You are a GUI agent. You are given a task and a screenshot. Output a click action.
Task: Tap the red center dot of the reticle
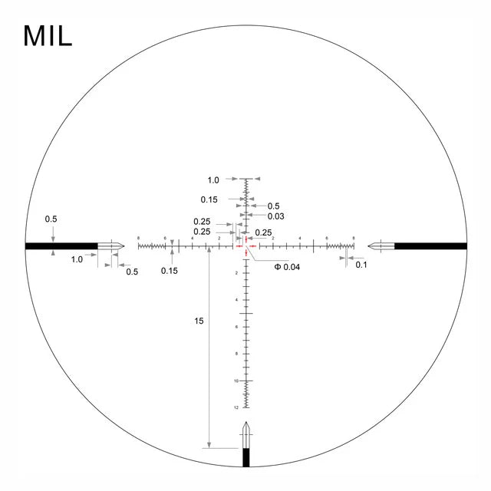245,245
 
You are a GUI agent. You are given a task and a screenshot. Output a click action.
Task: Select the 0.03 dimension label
276,216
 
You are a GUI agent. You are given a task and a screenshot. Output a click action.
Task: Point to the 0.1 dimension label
361,265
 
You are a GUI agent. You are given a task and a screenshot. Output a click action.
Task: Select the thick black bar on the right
430,245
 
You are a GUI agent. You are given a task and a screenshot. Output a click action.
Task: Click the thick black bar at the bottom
245,457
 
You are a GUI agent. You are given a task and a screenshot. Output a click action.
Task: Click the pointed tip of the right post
367,245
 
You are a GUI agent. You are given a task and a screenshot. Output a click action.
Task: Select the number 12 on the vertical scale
236,407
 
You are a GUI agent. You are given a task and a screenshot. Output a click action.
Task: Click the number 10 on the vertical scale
236,381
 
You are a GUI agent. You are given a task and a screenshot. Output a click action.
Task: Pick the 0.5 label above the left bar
51,219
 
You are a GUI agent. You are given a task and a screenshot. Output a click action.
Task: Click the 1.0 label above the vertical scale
213,180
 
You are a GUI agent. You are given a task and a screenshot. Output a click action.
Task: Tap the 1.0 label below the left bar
77,259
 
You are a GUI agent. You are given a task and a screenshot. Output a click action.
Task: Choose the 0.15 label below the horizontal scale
170,270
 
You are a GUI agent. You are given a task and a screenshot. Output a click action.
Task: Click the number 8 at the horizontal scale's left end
139,239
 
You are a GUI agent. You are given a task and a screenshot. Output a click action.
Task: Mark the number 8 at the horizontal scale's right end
353,239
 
